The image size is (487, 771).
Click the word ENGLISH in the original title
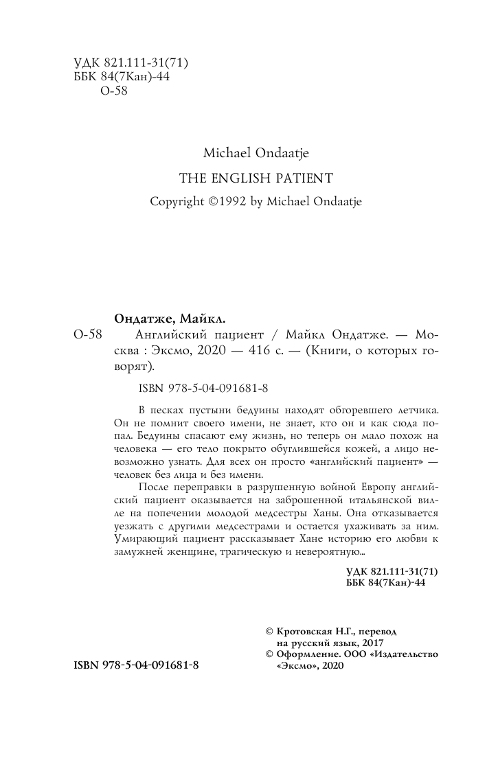[x=232, y=178]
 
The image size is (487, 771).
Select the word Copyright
[x=178, y=202]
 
